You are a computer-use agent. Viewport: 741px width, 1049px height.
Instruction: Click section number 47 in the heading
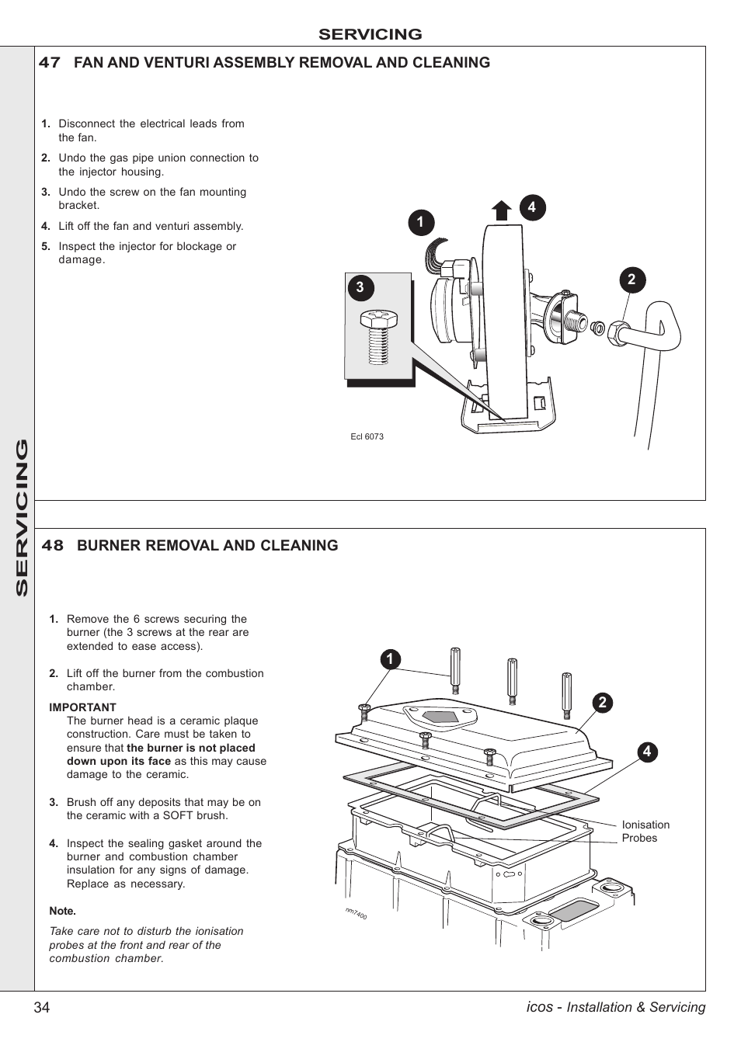pyautogui.click(x=50, y=63)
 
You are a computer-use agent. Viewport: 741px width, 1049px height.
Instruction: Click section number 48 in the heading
pyautogui.click(x=52, y=546)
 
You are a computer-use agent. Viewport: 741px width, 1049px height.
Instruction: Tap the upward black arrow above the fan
pyautogui.click(x=501, y=210)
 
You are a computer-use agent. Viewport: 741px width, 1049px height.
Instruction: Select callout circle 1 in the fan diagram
pyautogui.click(x=420, y=223)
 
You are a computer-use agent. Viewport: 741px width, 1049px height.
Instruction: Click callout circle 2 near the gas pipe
pyautogui.click(x=631, y=280)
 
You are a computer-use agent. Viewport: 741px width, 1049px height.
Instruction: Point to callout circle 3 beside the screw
pyautogui.click(x=360, y=287)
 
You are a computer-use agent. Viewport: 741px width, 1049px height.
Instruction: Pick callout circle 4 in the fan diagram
pyautogui.click(x=532, y=207)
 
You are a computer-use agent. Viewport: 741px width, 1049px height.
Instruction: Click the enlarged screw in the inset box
pyautogui.click(x=378, y=336)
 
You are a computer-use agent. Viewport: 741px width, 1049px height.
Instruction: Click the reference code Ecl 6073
pyautogui.click(x=367, y=436)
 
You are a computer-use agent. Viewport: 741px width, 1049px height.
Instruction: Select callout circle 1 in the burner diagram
pyautogui.click(x=390, y=659)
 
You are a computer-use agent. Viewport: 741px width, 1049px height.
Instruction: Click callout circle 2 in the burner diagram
pyautogui.click(x=602, y=703)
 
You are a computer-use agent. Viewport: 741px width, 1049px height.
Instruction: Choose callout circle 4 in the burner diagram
pyautogui.click(x=646, y=752)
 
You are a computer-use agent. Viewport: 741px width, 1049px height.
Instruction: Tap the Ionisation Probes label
pyautogui.click(x=645, y=832)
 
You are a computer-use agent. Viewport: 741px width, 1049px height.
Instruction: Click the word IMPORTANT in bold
pyautogui.click(x=82, y=707)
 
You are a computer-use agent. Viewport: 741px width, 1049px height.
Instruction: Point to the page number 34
pyautogui.click(x=42, y=1008)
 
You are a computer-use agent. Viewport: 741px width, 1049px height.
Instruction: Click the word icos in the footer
pyautogui.click(x=539, y=1007)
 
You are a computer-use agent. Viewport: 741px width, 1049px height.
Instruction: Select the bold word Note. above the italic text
pyautogui.click(x=62, y=911)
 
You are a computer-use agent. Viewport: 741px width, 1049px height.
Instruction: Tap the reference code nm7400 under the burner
pyautogui.click(x=356, y=914)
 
